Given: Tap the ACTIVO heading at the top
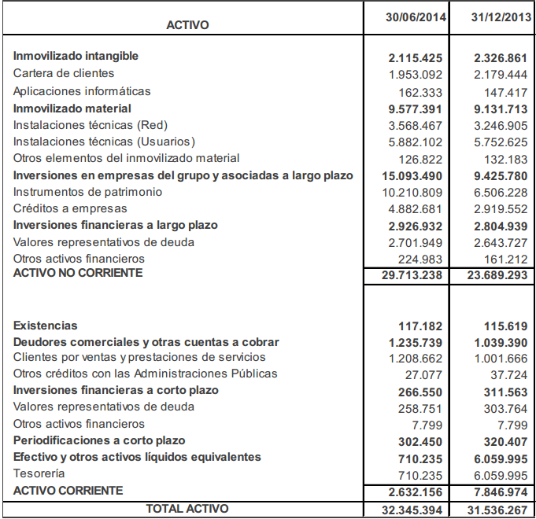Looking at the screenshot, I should point(187,25).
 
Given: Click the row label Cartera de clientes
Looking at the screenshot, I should point(64,73).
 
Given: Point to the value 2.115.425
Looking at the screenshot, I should point(416,57).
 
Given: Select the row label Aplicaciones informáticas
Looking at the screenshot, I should point(82,91).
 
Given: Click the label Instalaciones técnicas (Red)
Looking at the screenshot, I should point(91,125).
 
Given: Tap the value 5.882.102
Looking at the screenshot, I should point(416,142).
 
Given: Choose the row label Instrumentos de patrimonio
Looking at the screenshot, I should point(87,192).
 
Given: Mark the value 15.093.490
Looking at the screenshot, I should point(412,175).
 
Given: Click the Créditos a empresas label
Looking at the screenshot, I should point(70,208).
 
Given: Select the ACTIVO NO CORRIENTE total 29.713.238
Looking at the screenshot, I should point(412,276).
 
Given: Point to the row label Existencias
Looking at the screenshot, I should point(46,326).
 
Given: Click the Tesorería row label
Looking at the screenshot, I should point(39,473).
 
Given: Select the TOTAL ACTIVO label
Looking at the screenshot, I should point(187,509).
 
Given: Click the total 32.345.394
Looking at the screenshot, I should point(412,510).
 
